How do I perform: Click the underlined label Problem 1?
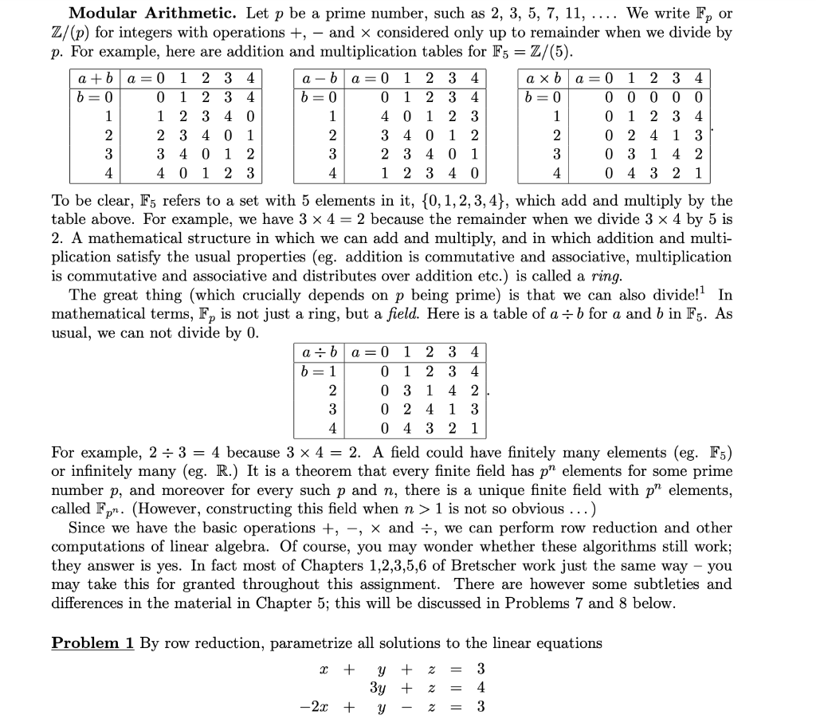(x=92, y=642)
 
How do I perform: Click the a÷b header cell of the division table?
(x=319, y=352)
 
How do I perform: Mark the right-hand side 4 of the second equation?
(x=480, y=686)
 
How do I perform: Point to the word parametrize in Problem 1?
(x=311, y=642)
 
